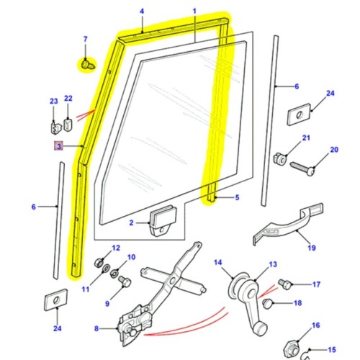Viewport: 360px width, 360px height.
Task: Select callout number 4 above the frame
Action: coord(142,11)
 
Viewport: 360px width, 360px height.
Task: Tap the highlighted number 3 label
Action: coord(58,146)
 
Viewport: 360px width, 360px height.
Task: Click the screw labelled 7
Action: coord(86,64)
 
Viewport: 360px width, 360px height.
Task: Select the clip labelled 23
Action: coord(54,127)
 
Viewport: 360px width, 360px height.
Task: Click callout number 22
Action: coord(68,99)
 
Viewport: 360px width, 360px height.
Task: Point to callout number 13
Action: coord(272,264)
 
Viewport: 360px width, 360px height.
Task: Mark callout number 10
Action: coord(130,257)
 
